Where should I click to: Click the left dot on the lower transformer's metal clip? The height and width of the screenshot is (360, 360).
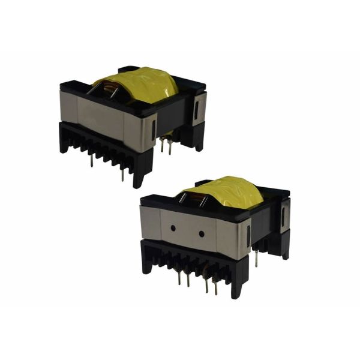173,228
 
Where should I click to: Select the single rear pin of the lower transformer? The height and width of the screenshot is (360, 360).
257,258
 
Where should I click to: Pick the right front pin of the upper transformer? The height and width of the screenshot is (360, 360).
123,173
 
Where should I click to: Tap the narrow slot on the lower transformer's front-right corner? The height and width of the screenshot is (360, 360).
248,238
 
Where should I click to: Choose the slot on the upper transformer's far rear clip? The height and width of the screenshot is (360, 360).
197,108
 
